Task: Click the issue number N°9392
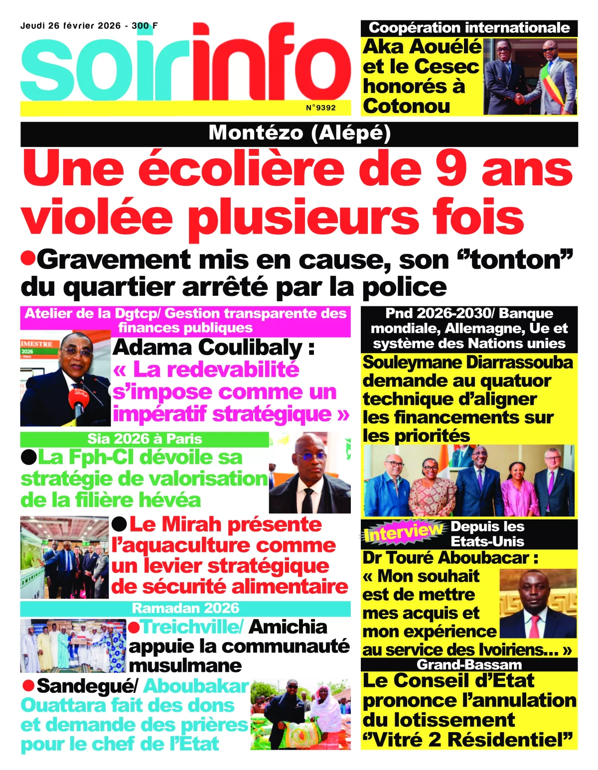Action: (x=320, y=108)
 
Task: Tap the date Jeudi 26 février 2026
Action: (x=70, y=26)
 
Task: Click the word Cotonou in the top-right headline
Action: (x=406, y=106)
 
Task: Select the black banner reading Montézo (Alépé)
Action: (x=299, y=133)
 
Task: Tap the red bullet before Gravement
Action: (x=27, y=258)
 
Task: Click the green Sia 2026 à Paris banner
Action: (x=145, y=439)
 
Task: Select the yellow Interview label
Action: (x=403, y=532)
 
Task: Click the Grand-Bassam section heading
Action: (x=469, y=664)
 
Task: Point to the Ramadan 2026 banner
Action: (x=185, y=608)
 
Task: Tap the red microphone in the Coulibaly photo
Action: (x=79, y=397)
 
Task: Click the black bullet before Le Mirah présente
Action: (x=119, y=524)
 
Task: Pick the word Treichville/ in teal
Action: (x=191, y=627)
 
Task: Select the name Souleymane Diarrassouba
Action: (x=467, y=363)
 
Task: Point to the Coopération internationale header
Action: (x=469, y=28)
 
